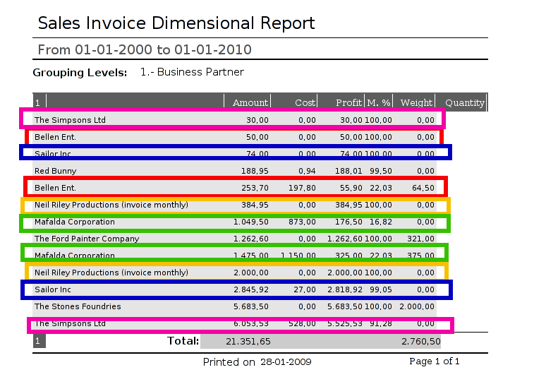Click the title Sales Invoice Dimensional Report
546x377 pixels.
[176, 23]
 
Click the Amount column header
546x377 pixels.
[250, 103]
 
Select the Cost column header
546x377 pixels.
[305, 103]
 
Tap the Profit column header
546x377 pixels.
[349, 103]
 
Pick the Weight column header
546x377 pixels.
[416, 103]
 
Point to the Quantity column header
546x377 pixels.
[465, 103]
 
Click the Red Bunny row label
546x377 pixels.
[56, 171]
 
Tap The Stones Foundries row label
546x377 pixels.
[78, 306]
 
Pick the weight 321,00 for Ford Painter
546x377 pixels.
[421, 239]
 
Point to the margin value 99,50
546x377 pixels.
[379, 171]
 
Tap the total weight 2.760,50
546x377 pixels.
[421, 342]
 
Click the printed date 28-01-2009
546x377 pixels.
[286, 362]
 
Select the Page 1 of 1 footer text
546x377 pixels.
[435, 361]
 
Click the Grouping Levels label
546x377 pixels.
[80, 73]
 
